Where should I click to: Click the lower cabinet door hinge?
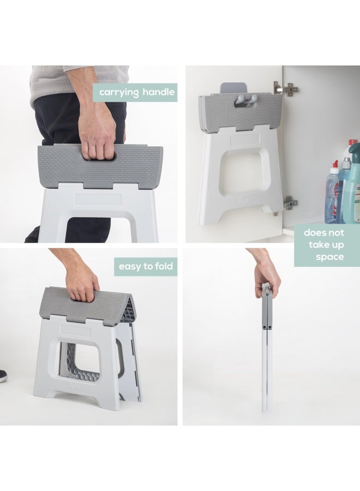click(289, 203)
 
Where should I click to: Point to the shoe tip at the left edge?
click(3, 375)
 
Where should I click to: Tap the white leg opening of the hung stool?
click(240, 173)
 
